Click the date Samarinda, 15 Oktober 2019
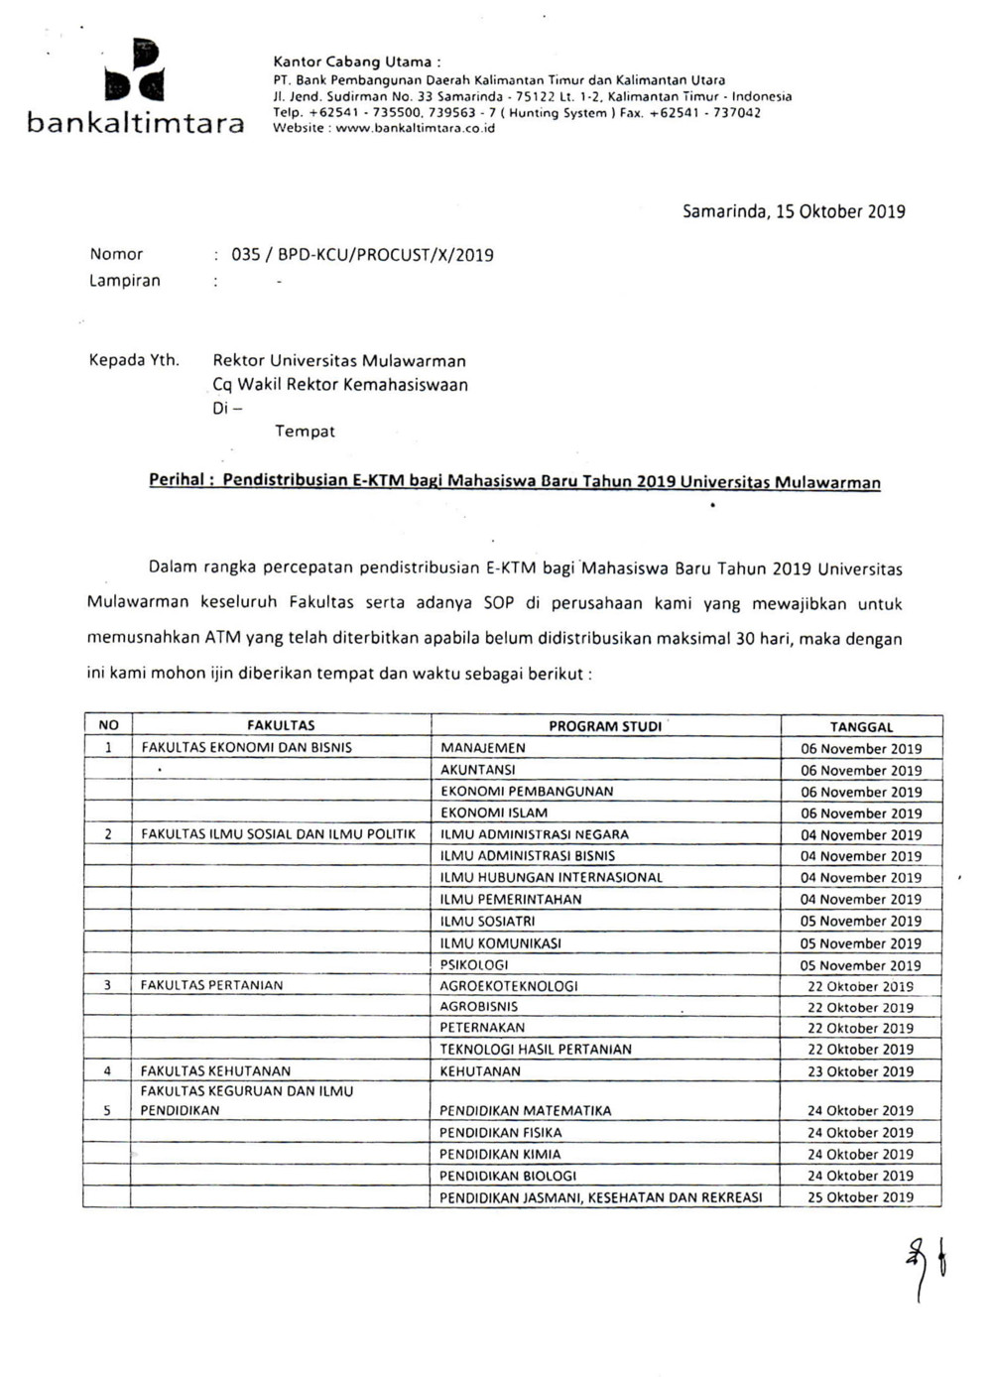click(794, 211)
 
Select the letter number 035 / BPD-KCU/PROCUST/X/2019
click(362, 255)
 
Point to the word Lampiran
click(124, 281)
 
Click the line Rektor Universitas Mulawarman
click(339, 361)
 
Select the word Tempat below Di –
click(305, 432)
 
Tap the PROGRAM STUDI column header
click(605, 726)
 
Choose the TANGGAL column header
click(861, 727)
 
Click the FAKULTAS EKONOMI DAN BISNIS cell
click(246, 748)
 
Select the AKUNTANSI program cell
click(478, 770)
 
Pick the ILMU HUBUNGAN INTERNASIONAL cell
click(551, 878)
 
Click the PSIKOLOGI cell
click(474, 965)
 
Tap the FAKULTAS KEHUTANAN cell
click(215, 1071)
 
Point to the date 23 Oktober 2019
click(860, 1072)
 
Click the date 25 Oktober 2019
click(860, 1197)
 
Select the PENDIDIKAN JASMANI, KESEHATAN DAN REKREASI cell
click(601, 1197)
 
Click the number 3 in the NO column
click(107, 986)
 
